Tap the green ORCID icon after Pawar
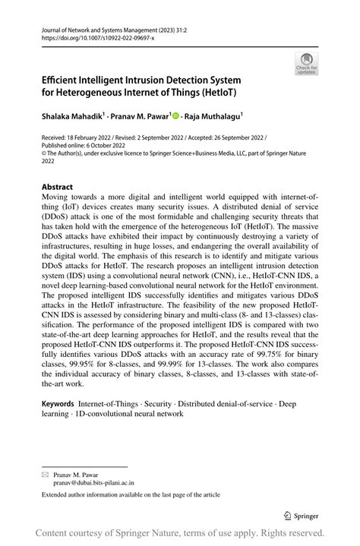[176, 117]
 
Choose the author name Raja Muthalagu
[214, 117]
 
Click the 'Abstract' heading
[58, 187]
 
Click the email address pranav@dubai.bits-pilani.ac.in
[93, 481]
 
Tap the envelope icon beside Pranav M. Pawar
[46, 472]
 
